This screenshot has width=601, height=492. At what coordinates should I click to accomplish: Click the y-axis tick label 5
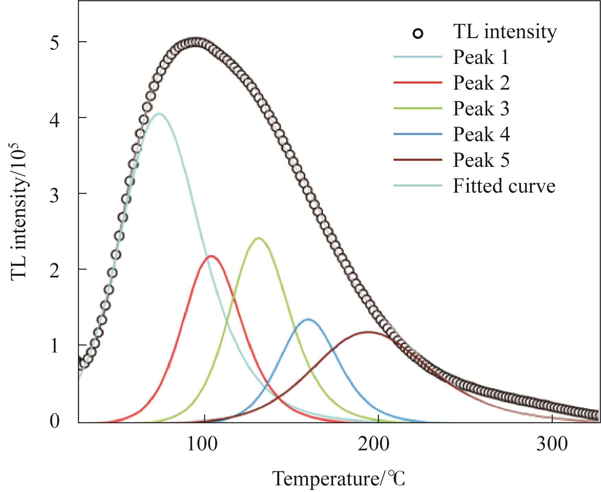coord(55,43)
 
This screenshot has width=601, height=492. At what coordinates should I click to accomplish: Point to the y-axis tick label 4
coord(55,119)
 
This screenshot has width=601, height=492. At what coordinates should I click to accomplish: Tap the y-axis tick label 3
coord(55,195)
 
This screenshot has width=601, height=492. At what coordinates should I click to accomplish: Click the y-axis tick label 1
coord(55,346)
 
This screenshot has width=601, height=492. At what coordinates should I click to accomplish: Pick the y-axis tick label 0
coord(55,422)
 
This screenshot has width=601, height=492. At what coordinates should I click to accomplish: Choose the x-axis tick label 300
coord(552,444)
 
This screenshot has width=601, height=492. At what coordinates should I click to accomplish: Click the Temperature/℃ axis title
coord(339,479)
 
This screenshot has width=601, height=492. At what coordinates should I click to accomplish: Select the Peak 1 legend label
coord(481,57)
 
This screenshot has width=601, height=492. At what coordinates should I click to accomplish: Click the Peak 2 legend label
coord(481,83)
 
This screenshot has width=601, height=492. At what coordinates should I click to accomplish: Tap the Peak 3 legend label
coord(481,108)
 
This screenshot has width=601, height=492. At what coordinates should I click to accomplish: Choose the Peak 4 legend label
coord(481,134)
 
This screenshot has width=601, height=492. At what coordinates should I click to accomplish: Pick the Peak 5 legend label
coord(481,160)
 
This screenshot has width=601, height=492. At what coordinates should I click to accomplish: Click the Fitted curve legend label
coord(504,186)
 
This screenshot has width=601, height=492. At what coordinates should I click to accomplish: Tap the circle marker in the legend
coord(418,34)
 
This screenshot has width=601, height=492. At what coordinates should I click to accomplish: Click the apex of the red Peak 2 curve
coord(211,256)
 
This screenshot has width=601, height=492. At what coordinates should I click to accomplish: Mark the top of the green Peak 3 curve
coord(259,238)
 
